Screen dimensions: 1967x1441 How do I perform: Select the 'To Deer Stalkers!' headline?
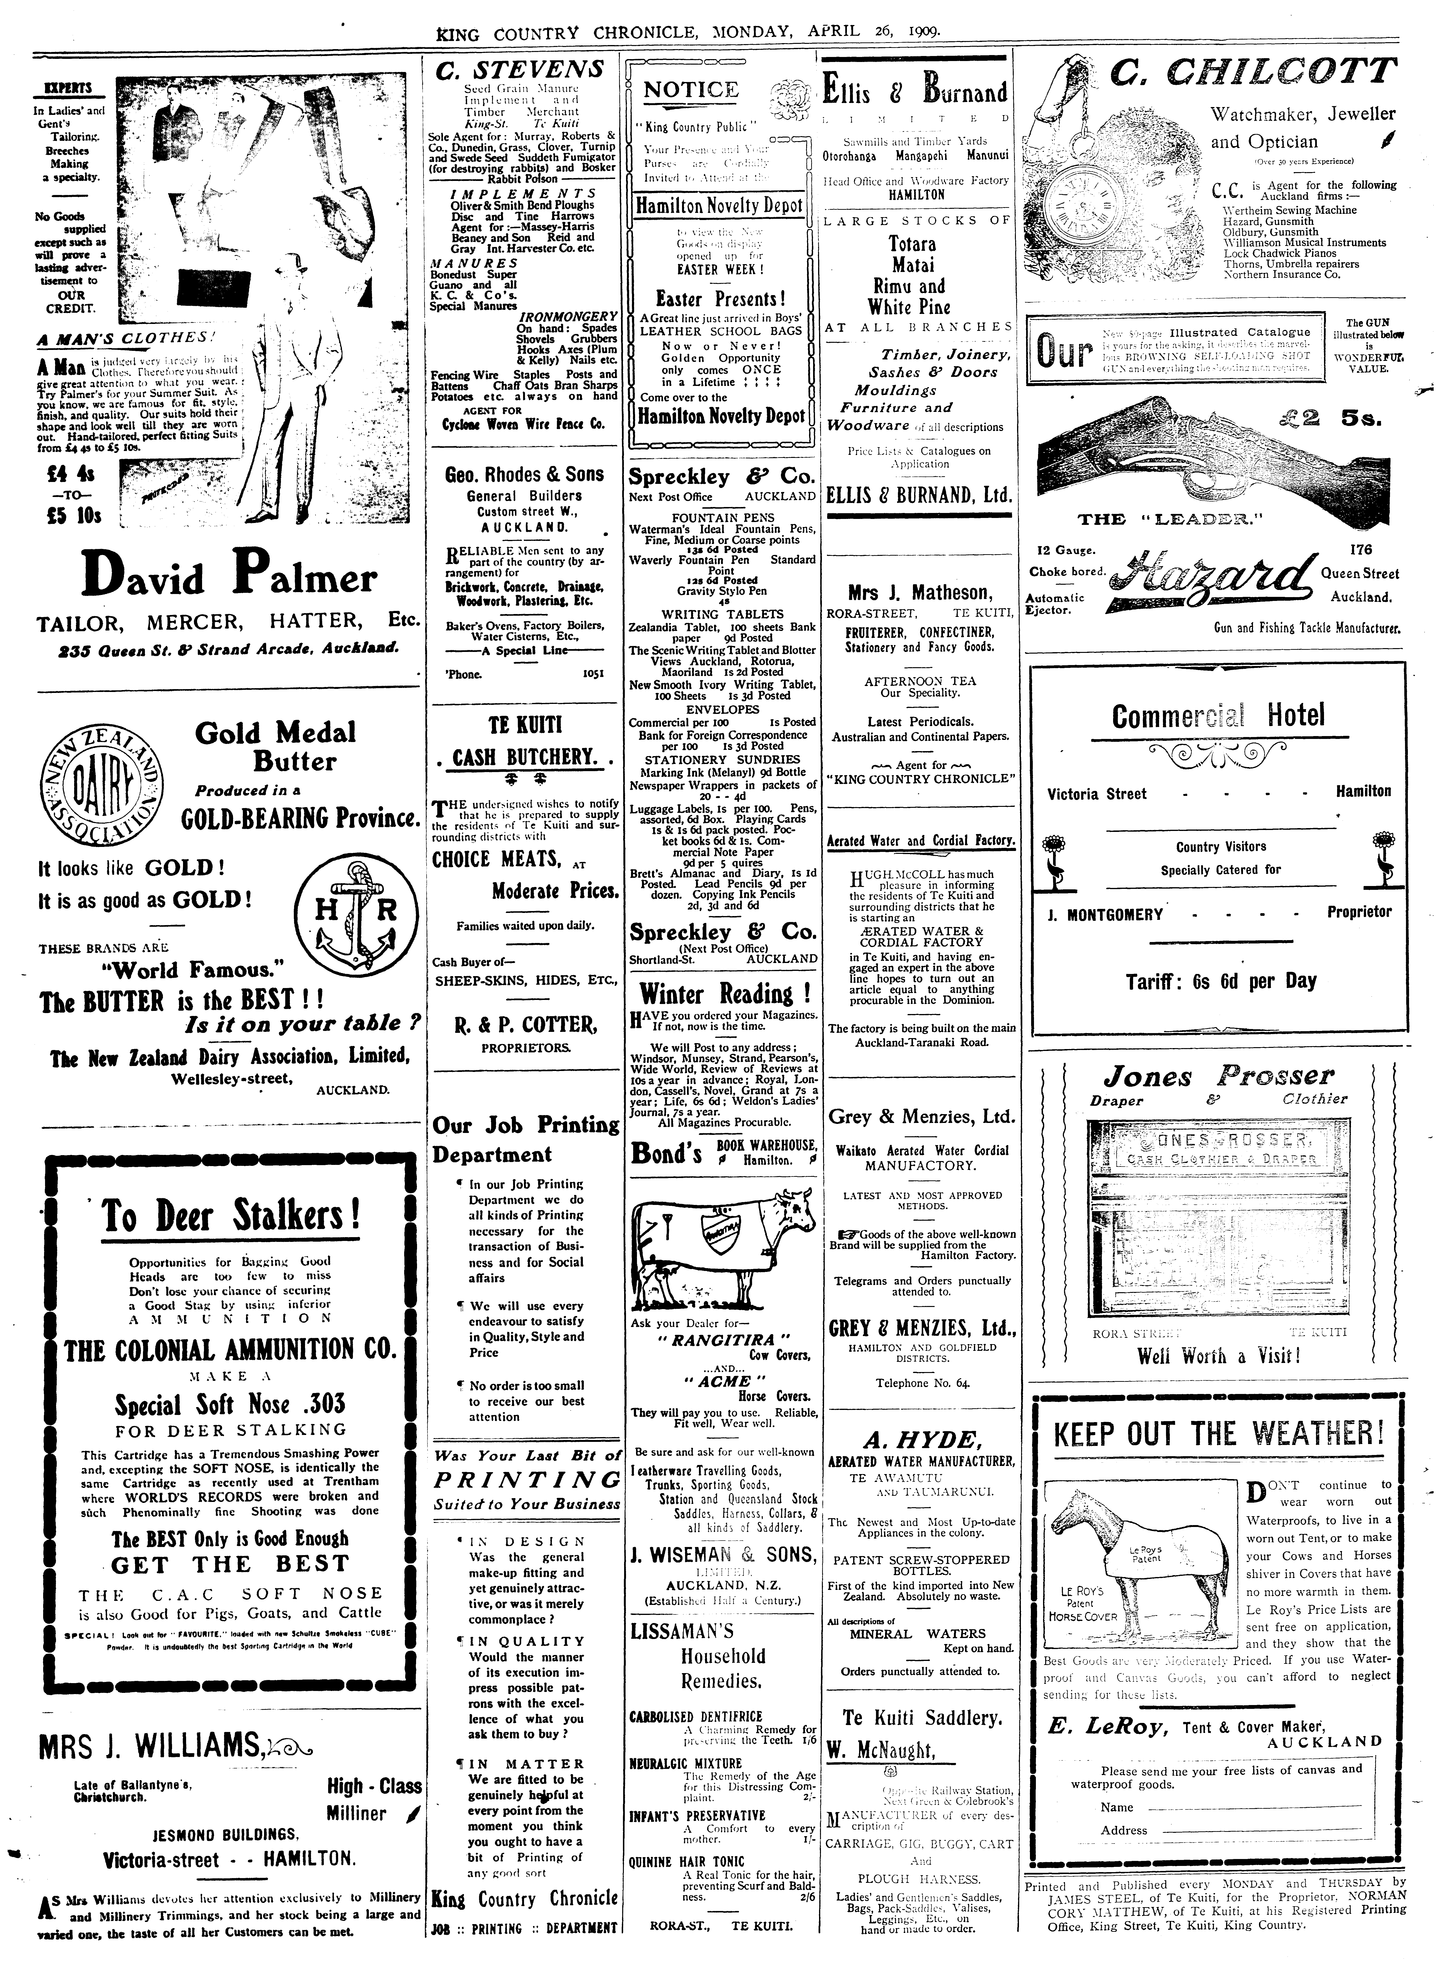231,1215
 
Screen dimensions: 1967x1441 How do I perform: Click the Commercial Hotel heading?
1218,716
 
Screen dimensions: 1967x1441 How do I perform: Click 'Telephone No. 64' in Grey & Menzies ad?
923,1383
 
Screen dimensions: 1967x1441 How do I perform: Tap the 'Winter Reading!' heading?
725,994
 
